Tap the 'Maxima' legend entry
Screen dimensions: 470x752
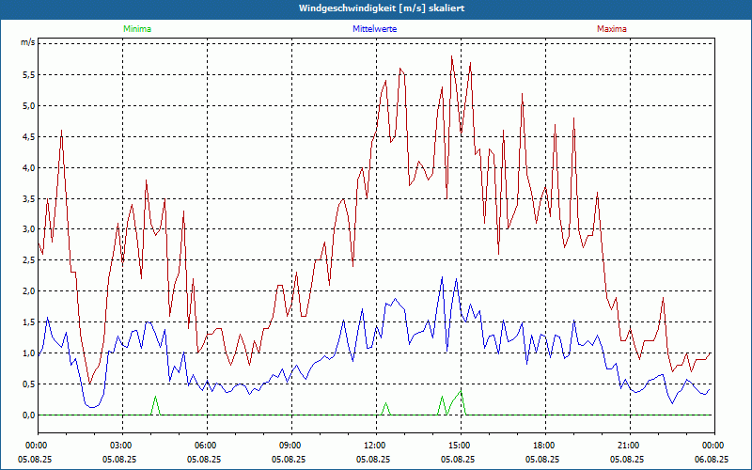[x=612, y=29]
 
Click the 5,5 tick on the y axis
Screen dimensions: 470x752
[x=27, y=75]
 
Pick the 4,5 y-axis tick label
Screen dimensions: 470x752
[x=27, y=137]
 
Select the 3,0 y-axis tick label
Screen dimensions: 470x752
[x=27, y=229]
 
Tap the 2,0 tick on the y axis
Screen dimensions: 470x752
[x=27, y=291]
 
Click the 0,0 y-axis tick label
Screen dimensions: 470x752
[x=27, y=415]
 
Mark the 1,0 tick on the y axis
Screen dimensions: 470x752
[x=27, y=353]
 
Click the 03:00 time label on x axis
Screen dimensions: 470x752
[x=121, y=445]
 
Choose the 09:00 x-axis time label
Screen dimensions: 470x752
[x=290, y=445]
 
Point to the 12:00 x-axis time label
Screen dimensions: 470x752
[x=375, y=445]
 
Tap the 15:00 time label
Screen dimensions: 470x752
[x=459, y=445]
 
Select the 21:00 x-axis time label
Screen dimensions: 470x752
[x=628, y=445]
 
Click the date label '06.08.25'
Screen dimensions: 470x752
[x=712, y=460]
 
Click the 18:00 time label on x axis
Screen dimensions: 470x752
[x=543, y=445]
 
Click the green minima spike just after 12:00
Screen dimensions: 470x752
[x=385, y=408]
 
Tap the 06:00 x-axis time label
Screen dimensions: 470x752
[x=206, y=445]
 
